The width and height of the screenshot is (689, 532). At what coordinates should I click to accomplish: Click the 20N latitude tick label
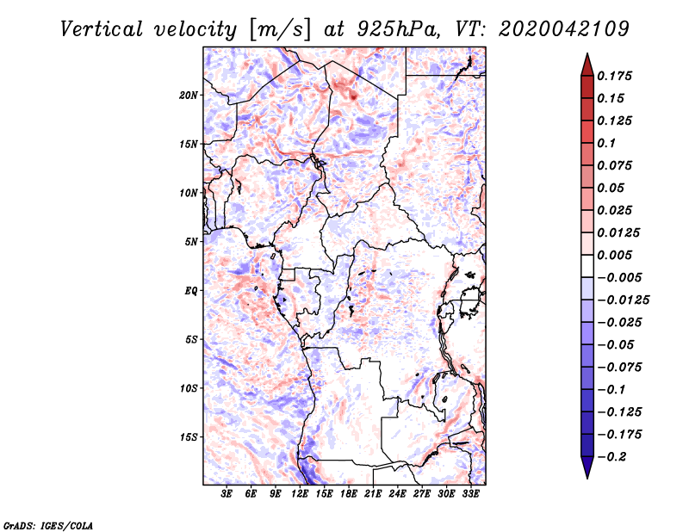(x=189, y=95)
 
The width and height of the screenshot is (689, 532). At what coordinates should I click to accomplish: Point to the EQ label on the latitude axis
(x=191, y=291)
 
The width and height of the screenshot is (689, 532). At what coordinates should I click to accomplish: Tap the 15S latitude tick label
(x=189, y=437)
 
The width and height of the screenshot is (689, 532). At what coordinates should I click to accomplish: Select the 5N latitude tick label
(x=191, y=242)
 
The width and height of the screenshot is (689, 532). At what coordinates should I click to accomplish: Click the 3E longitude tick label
(x=227, y=495)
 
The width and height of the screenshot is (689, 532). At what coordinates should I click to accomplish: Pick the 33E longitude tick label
(x=470, y=495)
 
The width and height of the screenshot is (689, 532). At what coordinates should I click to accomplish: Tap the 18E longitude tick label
(x=349, y=495)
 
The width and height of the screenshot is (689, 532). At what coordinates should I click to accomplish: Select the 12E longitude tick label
(x=300, y=495)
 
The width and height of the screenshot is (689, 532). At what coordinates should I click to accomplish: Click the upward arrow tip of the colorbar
(x=587, y=56)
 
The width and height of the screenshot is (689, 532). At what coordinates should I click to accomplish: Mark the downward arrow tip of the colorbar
(x=587, y=476)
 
